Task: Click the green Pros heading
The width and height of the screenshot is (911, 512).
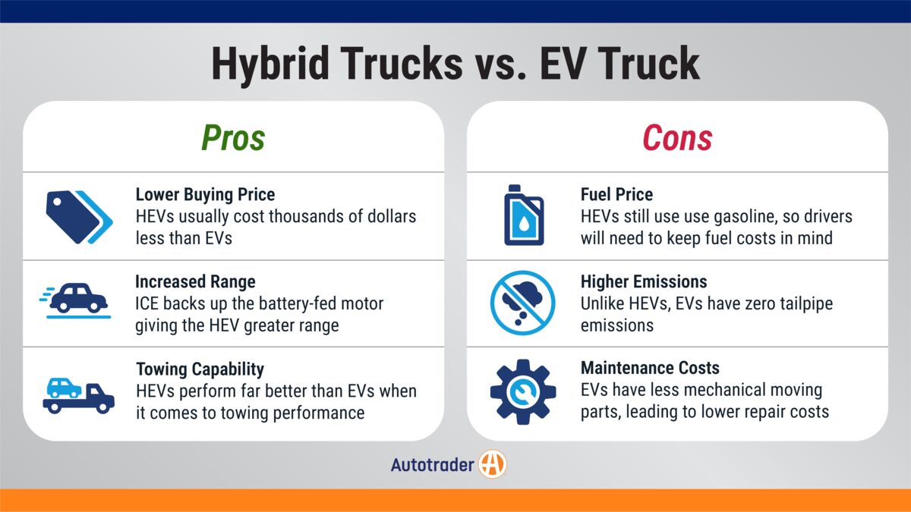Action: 233,138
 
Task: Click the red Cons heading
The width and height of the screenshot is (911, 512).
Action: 677,138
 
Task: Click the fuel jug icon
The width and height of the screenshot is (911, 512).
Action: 524,215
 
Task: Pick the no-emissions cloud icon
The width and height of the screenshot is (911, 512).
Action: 523,303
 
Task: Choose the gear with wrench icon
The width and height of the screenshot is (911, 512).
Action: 523,391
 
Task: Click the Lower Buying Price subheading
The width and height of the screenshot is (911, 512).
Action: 206,194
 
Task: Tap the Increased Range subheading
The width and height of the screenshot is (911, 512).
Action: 195,281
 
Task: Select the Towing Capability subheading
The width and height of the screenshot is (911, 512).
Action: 200,369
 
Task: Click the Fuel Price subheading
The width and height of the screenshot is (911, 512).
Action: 616,194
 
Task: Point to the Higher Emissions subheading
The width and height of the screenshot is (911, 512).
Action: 644,281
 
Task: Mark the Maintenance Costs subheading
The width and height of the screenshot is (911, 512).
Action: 650,369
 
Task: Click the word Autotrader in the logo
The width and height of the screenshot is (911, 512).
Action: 432,464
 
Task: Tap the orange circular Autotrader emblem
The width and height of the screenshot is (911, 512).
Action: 493,464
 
